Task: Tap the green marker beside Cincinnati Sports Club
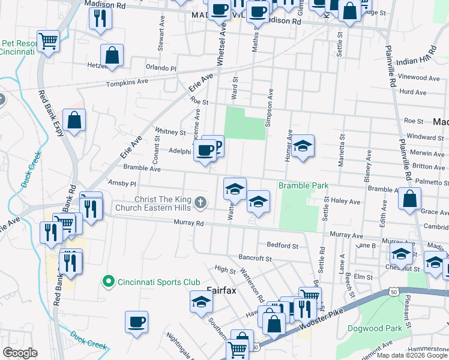tap(108, 281)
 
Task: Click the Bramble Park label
tap(303, 185)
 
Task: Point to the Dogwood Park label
tap(378, 328)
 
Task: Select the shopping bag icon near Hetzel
tap(112, 56)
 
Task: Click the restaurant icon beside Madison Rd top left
tap(100, 18)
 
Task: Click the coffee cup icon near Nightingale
tap(137, 322)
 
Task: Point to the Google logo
tap(20, 352)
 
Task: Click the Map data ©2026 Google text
tap(412, 355)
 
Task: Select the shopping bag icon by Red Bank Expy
tap(74, 120)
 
